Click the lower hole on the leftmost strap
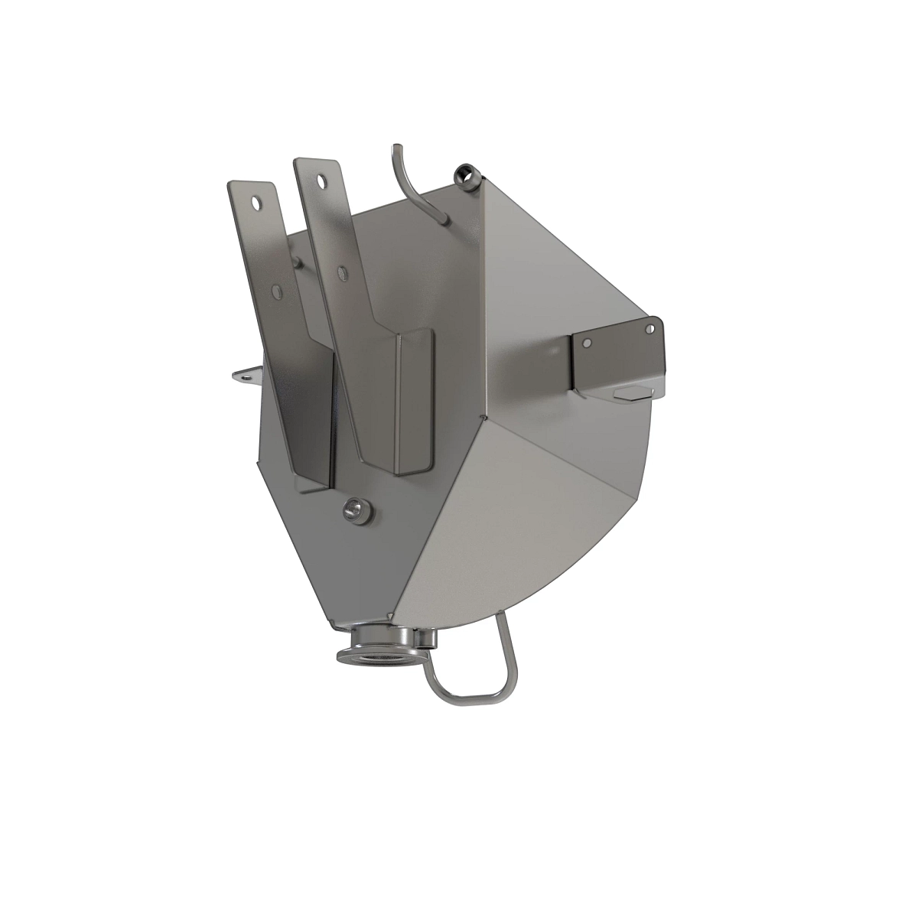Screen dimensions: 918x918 pyautogui.click(x=277, y=291)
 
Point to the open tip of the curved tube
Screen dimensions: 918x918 pyautogui.click(x=396, y=146)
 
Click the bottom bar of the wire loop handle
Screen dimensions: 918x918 pyautogui.click(x=471, y=698)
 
